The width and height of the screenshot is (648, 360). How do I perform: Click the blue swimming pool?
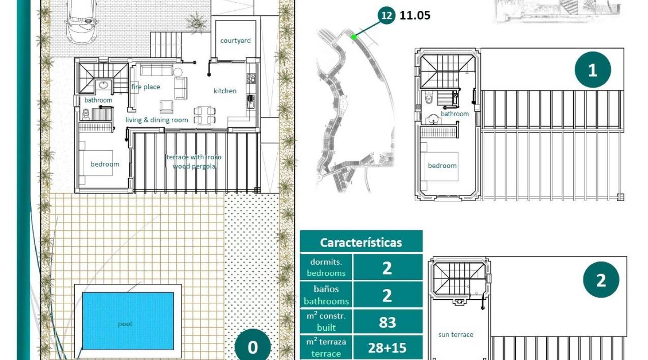128,321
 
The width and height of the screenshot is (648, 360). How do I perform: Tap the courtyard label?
235,40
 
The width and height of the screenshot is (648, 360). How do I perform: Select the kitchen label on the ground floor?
225,91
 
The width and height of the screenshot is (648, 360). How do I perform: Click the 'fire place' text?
145,87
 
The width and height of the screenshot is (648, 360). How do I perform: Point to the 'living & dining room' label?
157,120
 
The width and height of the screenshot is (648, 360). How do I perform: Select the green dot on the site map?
354,37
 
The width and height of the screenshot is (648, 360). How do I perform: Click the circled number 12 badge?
386,16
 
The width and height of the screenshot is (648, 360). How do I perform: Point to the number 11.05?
415,16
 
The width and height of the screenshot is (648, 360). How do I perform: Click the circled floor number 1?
593,70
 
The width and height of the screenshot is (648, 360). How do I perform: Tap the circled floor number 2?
601,280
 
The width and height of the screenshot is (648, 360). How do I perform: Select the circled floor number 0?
253,347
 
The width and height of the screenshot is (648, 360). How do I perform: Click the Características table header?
361,243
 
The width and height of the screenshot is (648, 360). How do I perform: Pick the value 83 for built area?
387,322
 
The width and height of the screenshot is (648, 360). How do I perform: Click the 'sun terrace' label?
456,334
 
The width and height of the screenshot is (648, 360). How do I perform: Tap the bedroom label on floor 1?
442,166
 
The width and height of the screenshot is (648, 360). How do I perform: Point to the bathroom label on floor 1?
454,114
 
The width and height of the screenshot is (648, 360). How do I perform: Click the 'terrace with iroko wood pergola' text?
194,162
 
